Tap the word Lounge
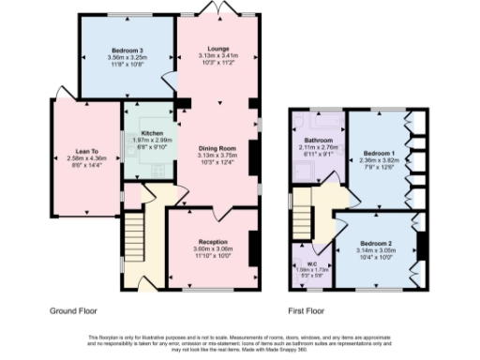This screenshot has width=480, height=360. [218, 48]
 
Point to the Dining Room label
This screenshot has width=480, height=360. [216, 147]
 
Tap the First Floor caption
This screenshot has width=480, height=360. [306, 308]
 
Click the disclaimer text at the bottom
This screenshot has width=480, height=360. [240, 342]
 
